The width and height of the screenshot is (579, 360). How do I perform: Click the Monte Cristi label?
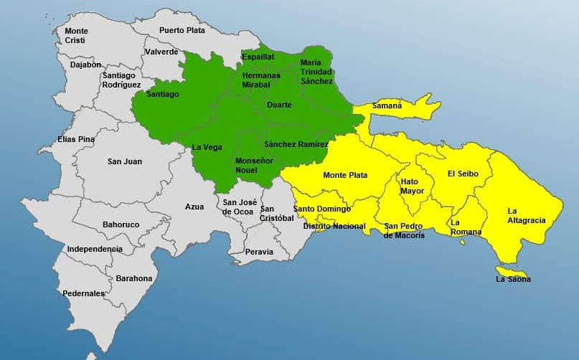pyautogui.click(x=77, y=36)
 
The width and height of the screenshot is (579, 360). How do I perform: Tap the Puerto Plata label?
pyautogui.click(x=182, y=30)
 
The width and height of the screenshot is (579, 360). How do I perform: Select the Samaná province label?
pyautogui.click(x=387, y=106)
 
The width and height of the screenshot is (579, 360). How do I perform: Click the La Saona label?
pyautogui.click(x=513, y=279)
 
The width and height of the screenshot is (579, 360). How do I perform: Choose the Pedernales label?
pyautogui.click(x=83, y=293)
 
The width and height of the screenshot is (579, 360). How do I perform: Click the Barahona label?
pyautogui.click(x=134, y=278)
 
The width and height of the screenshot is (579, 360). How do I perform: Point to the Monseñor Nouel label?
pyautogui.click(x=254, y=166)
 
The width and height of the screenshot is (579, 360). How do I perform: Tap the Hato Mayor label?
pyautogui.click(x=413, y=186)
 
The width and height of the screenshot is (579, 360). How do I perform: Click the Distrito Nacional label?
pyautogui.click(x=334, y=227)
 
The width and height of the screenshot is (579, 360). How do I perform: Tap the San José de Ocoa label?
pyautogui.click(x=240, y=207)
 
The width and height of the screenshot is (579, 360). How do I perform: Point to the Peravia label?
pyautogui.click(x=259, y=252)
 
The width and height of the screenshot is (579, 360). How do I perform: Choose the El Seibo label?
pyautogui.click(x=461, y=174)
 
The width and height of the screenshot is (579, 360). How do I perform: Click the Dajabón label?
pyautogui.click(x=85, y=65)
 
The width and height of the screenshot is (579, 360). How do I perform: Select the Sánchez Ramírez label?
pyautogui.click(x=296, y=145)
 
